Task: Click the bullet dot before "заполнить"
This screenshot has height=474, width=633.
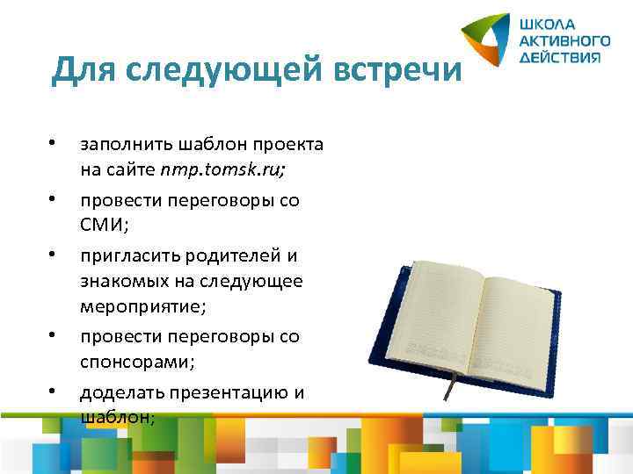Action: [x=54, y=142]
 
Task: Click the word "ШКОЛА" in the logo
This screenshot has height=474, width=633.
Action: [x=546, y=25]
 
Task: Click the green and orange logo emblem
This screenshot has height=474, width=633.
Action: [x=487, y=41]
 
